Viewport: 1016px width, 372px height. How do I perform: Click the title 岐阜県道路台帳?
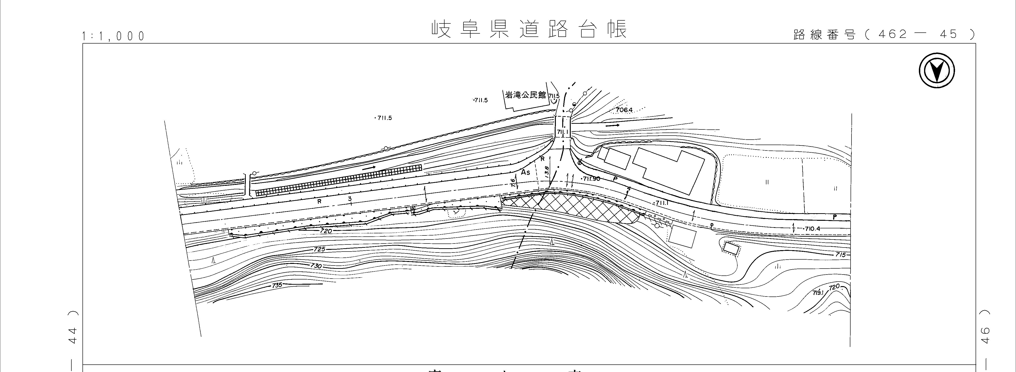pyautogui.click(x=528, y=30)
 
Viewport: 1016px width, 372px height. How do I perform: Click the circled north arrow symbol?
pyautogui.click(x=936, y=71)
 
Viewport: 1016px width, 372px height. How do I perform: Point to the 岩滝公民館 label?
pyautogui.click(x=526, y=95)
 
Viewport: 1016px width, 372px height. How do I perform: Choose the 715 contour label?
pyautogui.click(x=840, y=255)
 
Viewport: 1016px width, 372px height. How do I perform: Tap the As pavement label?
pyautogui.click(x=525, y=173)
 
